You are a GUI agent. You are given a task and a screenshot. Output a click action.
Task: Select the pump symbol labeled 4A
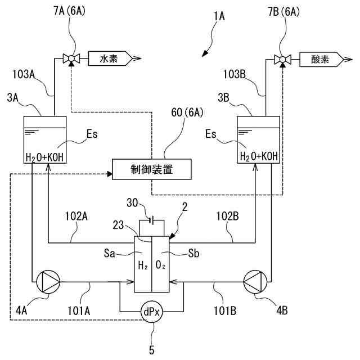tap(47, 281)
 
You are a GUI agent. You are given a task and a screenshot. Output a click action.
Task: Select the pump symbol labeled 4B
tap(257, 281)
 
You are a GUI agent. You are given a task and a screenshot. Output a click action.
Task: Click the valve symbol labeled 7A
tap(71, 58)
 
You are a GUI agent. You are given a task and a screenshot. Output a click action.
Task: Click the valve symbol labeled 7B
tap(281, 58)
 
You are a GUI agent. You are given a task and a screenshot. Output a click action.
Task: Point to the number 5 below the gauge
tap(151, 350)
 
